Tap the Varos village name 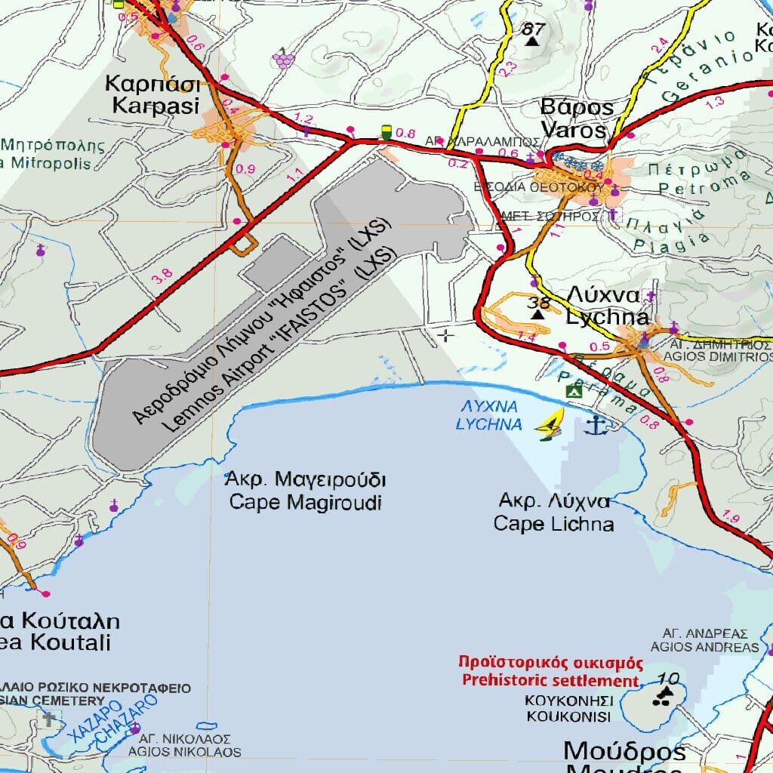[x=574, y=131]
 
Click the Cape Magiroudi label [x=306, y=503]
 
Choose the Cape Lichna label [x=553, y=523]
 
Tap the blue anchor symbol [x=596, y=426]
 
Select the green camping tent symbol [x=574, y=390]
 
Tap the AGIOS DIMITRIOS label [x=722, y=356]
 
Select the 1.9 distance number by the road [x=730, y=518]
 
